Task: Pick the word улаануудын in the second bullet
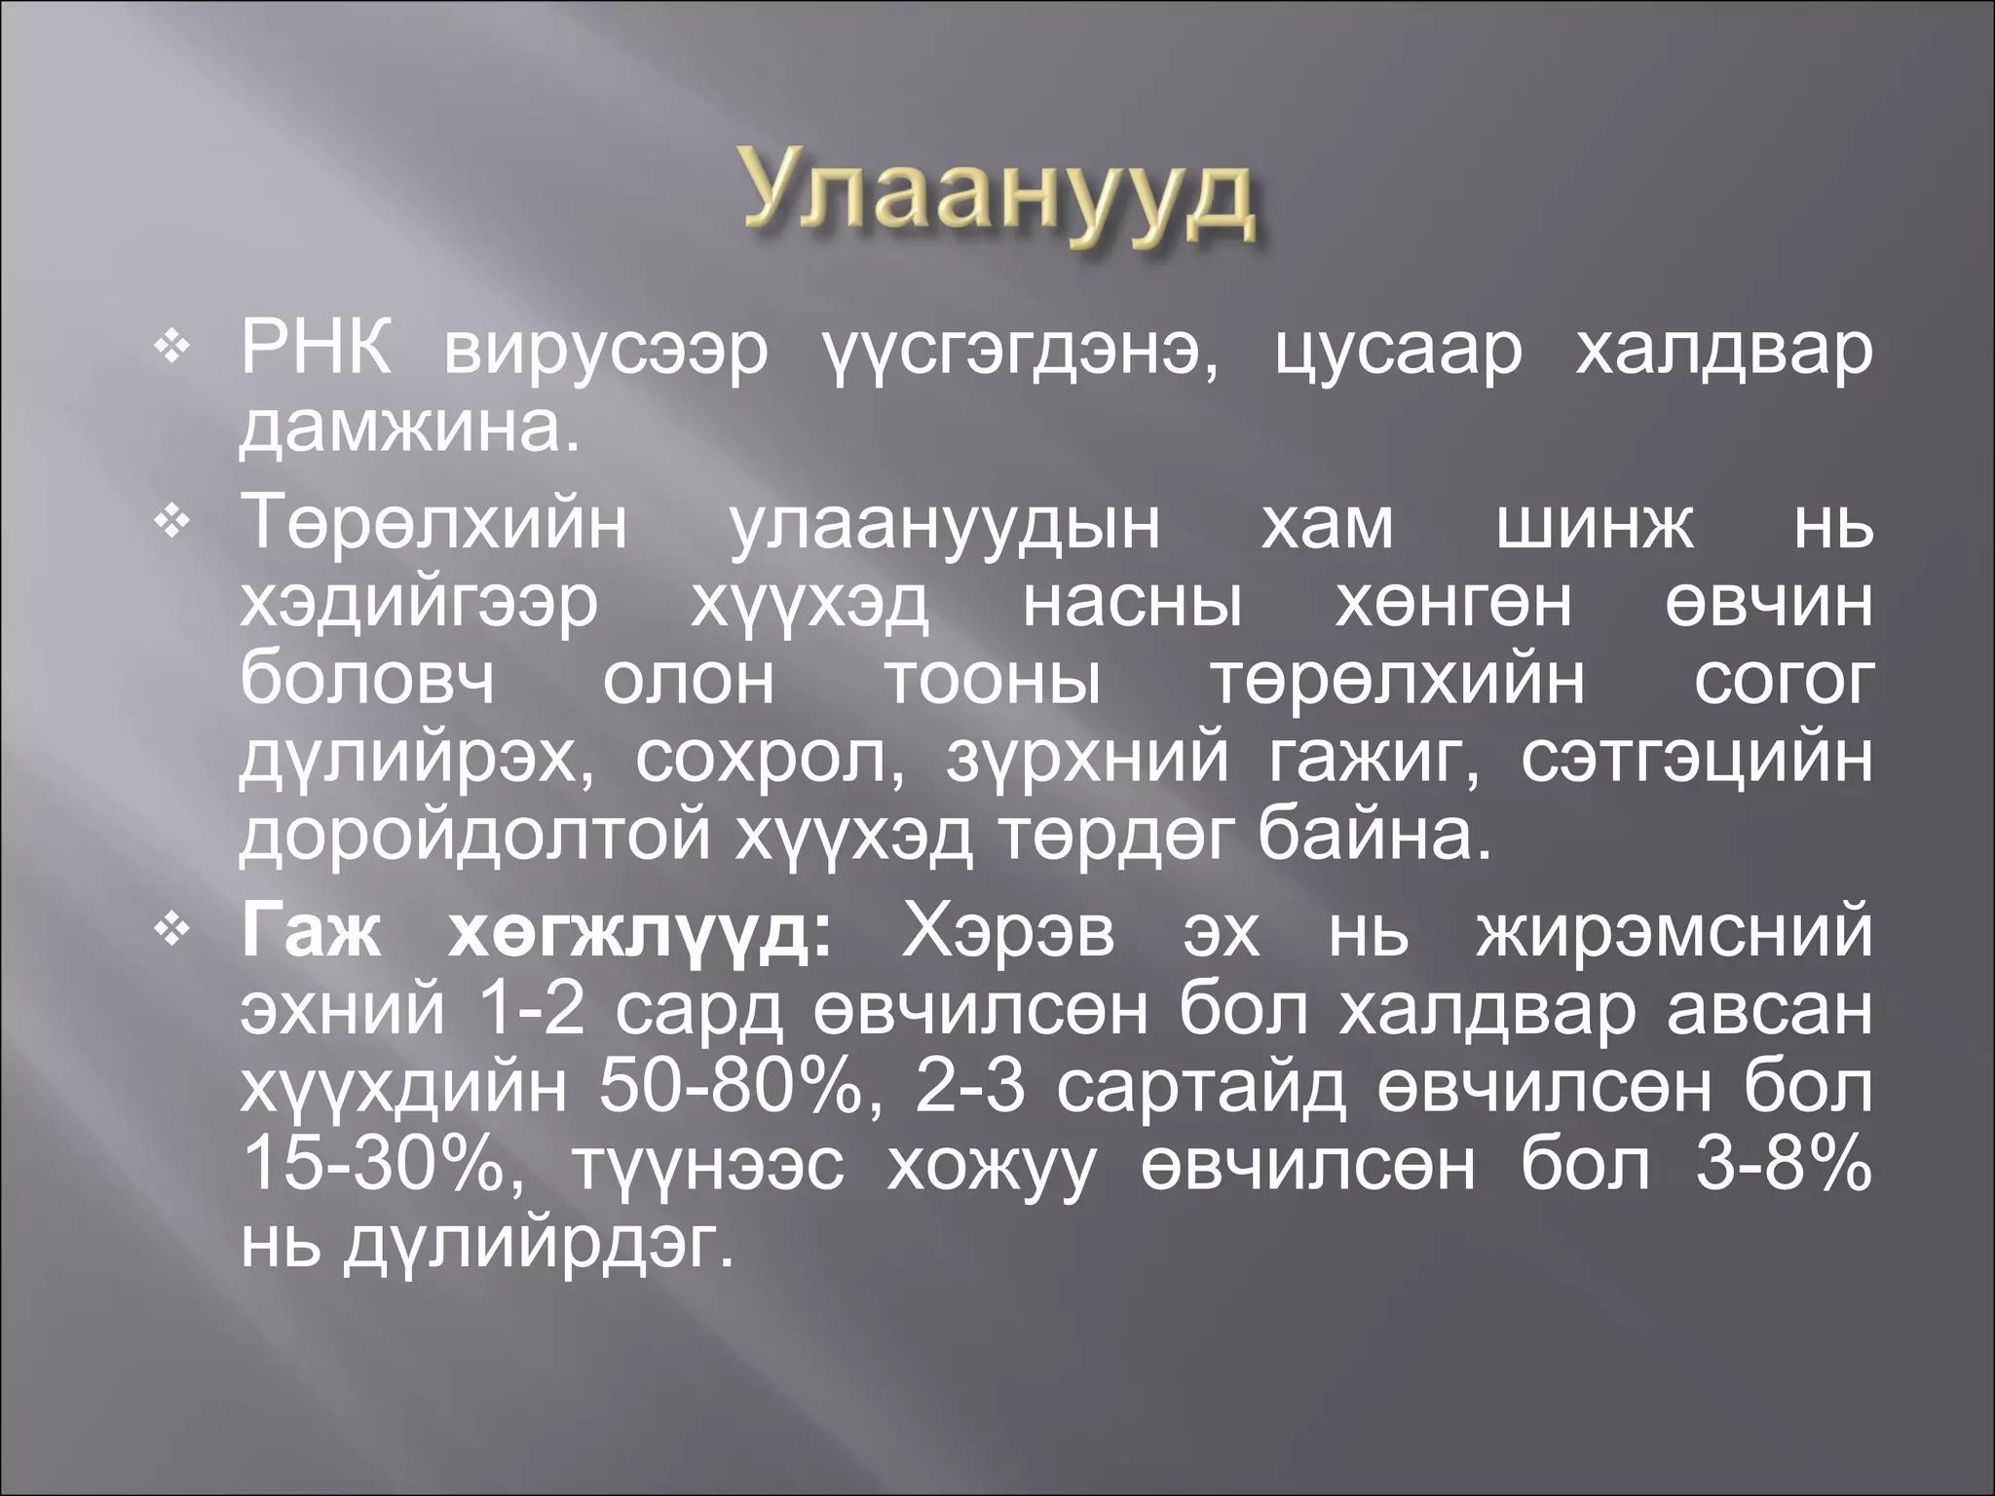click(x=945, y=526)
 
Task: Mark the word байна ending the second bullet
click(x=1374, y=836)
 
